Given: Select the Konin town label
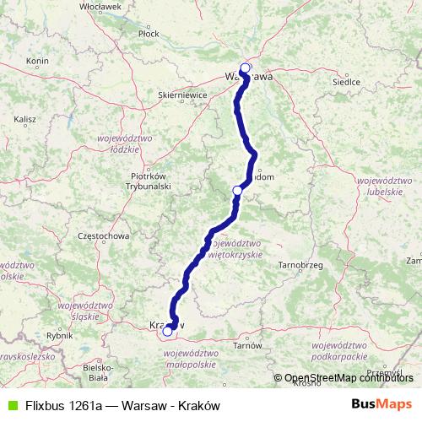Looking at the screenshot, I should [37, 61].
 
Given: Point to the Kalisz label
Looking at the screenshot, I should [24, 120].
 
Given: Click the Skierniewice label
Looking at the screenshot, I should [183, 96].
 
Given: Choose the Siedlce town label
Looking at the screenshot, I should [349, 82].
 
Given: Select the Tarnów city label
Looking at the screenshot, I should [248, 345].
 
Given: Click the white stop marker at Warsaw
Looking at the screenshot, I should [246, 68].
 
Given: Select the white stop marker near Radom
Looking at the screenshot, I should [237, 192].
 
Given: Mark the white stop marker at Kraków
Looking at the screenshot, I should [167, 332].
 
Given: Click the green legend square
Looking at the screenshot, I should [10, 405].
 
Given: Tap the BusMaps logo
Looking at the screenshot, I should [382, 404].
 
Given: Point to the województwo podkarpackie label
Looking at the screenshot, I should [342, 351].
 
